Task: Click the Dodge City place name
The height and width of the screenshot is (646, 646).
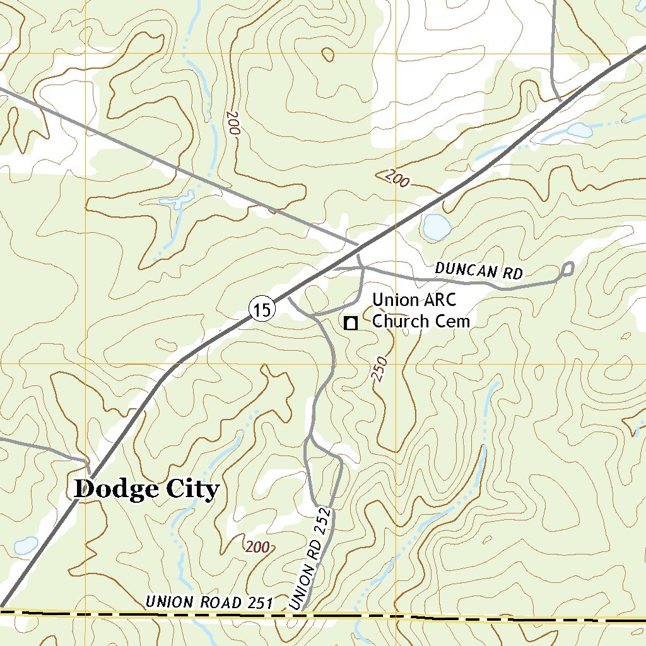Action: pyautogui.click(x=146, y=489)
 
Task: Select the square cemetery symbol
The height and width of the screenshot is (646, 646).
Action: pyautogui.click(x=351, y=323)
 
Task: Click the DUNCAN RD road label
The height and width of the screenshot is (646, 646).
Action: pyautogui.click(x=479, y=271)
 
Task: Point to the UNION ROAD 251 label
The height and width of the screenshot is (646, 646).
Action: pyautogui.click(x=208, y=602)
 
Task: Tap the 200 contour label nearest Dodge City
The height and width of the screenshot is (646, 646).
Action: pyautogui.click(x=257, y=547)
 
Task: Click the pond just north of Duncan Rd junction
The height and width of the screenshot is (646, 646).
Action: pyautogui.click(x=435, y=226)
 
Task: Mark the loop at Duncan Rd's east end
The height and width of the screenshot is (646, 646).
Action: pyautogui.click(x=567, y=269)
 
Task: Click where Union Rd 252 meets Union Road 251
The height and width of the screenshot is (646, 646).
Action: pyautogui.click(x=302, y=612)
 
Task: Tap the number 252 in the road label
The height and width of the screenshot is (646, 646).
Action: pyautogui.click(x=322, y=521)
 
